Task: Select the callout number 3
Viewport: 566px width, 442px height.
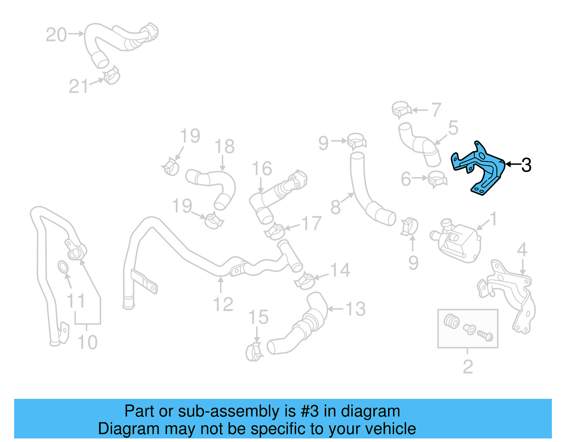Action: pos(526,165)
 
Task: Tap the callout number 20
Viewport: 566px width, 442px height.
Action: pos(56,35)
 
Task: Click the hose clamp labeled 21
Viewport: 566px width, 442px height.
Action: pos(112,76)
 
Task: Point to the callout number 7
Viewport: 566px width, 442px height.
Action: pos(436,110)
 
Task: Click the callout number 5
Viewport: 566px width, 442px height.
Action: pos(453,128)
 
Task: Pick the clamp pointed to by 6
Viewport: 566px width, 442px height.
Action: pos(437,178)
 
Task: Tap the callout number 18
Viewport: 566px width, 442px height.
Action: pos(224,147)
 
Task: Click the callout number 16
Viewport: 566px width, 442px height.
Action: pos(262,168)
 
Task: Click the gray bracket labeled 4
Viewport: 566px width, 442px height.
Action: pos(509,294)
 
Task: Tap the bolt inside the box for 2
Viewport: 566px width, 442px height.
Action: pos(485,334)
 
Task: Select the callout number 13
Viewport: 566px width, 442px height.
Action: pos(355,309)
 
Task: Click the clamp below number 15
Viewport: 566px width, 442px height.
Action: pos(254,351)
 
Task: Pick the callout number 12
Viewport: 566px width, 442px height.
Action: pos(223,304)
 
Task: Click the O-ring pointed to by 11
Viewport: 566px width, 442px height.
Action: pos(63,267)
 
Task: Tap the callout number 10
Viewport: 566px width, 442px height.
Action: pos(87,342)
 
